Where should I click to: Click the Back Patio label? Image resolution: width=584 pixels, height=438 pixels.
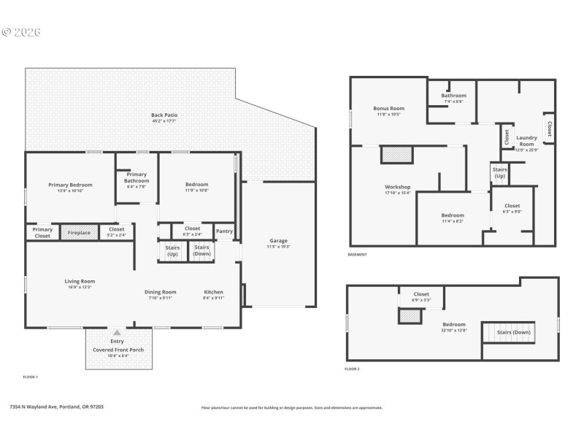(x=164, y=115)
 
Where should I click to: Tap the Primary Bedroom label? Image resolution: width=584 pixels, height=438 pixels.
(x=70, y=185)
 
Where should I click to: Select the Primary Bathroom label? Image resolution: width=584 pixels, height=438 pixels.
(x=137, y=177)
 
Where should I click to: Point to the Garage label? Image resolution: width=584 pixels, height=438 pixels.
(x=279, y=241)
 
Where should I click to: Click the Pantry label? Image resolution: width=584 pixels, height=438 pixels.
(x=224, y=231)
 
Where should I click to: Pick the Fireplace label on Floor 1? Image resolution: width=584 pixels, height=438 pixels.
(x=79, y=233)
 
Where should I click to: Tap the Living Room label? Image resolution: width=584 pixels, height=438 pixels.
(x=80, y=281)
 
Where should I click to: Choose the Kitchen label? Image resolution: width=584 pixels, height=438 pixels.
(x=214, y=292)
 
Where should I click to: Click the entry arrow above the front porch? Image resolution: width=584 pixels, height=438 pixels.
(x=117, y=333)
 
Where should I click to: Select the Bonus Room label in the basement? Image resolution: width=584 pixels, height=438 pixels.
(x=388, y=108)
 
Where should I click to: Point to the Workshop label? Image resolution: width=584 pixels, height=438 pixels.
(x=398, y=187)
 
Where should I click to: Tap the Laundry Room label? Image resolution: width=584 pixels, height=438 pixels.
(x=526, y=137)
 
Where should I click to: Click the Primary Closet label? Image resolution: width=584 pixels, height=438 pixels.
(x=42, y=232)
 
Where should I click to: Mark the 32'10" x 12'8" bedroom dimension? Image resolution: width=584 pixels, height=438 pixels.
(x=453, y=330)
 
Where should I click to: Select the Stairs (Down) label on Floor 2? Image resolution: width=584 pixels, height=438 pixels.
(x=514, y=332)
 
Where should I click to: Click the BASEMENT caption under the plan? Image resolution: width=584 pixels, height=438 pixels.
(x=357, y=255)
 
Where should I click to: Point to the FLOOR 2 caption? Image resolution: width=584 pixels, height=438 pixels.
(x=352, y=369)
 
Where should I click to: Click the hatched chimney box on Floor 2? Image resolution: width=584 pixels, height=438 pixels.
(x=411, y=316)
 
